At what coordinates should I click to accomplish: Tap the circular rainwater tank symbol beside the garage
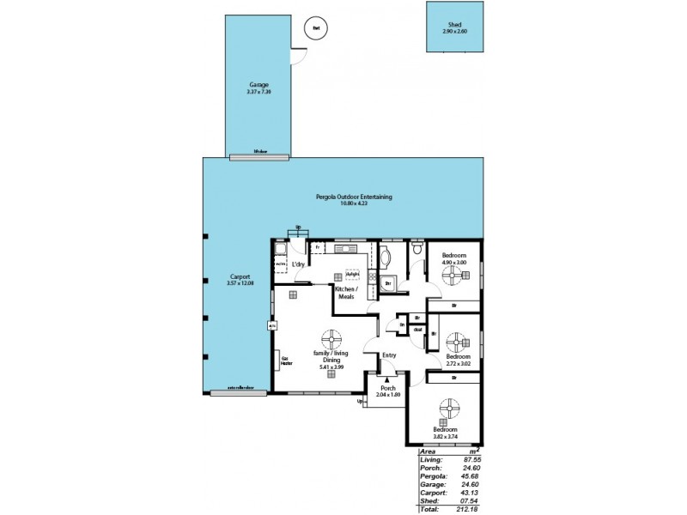[316, 28]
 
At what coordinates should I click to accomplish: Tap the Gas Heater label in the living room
[287, 360]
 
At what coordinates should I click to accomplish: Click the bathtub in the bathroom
[384, 257]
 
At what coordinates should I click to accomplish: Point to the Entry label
[389, 354]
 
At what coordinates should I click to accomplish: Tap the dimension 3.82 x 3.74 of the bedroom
[444, 435]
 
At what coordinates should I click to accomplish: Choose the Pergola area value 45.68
[467, 477]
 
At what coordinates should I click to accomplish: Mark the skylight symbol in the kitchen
[350, 275]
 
